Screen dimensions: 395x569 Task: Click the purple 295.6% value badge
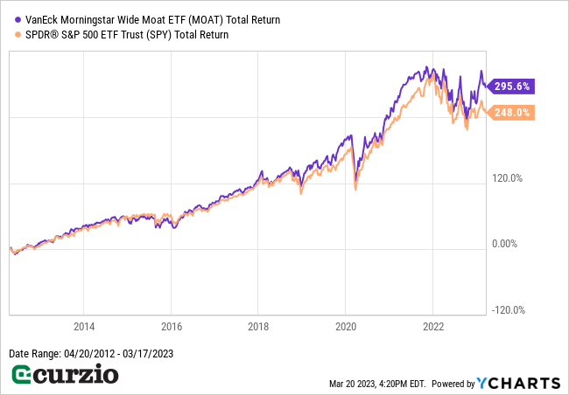(x=513, y=87)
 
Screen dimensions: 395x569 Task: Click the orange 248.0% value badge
(x=513, y=113)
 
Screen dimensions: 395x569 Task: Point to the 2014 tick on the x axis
(x=84, y=327)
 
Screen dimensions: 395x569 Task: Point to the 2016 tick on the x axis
(x=172, y=327)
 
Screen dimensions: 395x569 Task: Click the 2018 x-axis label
(x=258, y=327)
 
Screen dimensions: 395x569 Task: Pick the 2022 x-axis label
(x=433, y=327)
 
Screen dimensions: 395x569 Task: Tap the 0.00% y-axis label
(x=507, y=244)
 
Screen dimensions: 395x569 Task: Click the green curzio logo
(x=65, y=376)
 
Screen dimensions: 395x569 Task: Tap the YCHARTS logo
(x=518, y=383)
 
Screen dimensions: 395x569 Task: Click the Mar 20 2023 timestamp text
(x=376, y=384)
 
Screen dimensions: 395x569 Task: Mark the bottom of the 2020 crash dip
(x=355, y=187)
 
